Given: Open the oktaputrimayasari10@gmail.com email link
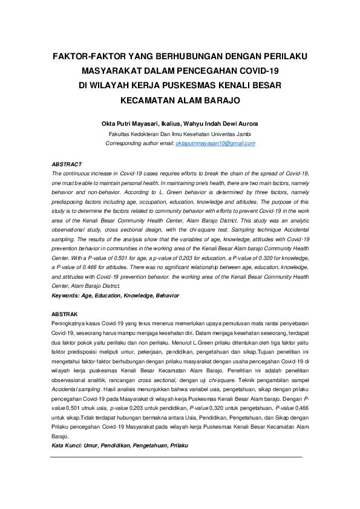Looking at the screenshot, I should [x=215, y=143].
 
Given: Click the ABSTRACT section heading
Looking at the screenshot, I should [x=67, y=164].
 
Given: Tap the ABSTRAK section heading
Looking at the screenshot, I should [x=65, y=314].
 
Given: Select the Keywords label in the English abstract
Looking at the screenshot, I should [x=65, y=296].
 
